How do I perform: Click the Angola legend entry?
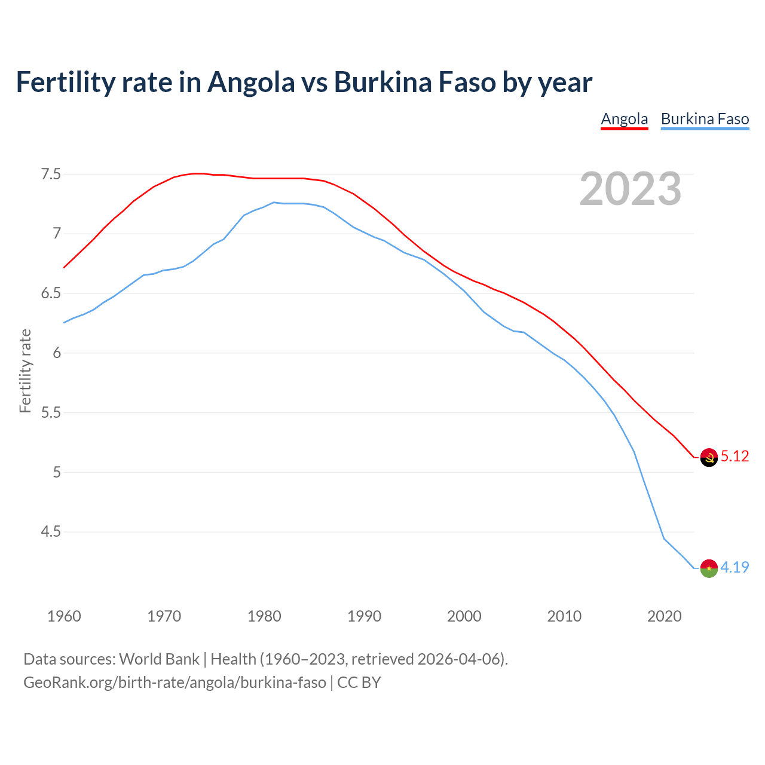pos(624,119)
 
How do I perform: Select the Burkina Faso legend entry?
pos(705,119)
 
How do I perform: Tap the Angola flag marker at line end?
pos(709,457)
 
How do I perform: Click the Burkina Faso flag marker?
pos(709,568)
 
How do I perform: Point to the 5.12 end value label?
pos(735,457)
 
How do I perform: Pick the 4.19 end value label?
pos(735,568)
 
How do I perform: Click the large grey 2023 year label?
pos(630,189)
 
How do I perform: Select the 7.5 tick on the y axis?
pos(51,175)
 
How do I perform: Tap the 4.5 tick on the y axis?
pos(51,532)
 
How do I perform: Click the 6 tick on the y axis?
pos(57,353)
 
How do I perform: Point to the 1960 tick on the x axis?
pos(64,616)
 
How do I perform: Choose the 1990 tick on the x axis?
pos(364,616)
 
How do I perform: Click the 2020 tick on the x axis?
pos(664,616)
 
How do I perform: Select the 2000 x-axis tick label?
pos(464,616)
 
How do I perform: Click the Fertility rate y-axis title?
pos(25,371)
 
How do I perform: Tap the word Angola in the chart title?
pos(251,82)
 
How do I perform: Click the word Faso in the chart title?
pos(466,82)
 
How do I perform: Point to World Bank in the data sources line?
pos(159,659)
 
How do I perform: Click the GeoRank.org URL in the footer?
pos(175,683)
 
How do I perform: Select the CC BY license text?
pos(359,683)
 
